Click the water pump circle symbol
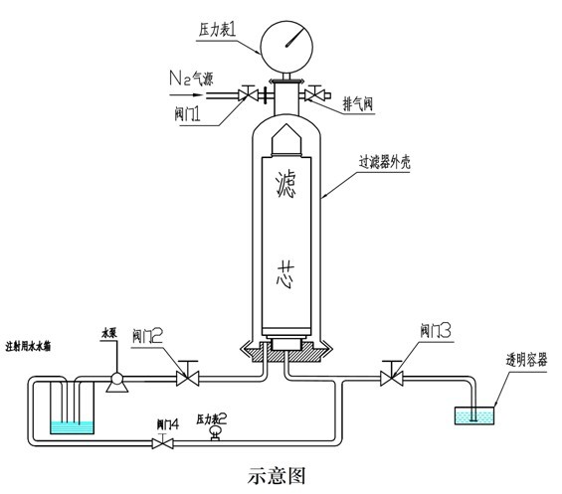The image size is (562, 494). click(x=115, y=377)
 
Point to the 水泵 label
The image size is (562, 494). click(x=111, y=334)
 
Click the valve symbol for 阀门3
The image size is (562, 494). click(x=390, y=377)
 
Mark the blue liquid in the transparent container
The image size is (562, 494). click(x=474, y=417)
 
